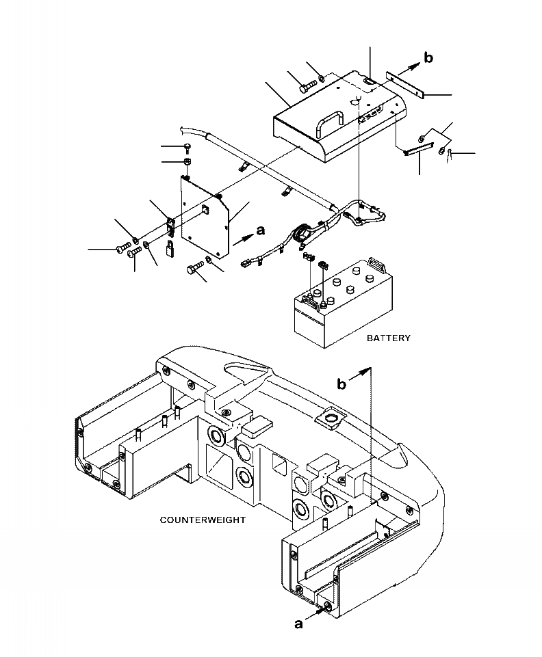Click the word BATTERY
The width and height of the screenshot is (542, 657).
coord(389,338)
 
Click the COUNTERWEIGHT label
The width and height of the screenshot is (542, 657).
coord(203,520)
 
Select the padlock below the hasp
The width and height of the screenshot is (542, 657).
coord(170,248)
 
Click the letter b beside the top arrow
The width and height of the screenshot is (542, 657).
coord(428,57)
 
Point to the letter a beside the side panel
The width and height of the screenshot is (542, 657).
coord(261,230)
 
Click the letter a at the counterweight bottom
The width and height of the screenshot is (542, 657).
coord(298,624)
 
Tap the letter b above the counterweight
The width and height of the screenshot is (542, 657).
coord(342,384)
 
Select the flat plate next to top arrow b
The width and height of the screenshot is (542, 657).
coord(406,84)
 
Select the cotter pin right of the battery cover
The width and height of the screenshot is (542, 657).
coord(450,155)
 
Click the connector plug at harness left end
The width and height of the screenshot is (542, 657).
coord(246,264)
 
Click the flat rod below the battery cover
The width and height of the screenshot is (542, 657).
coord(418,149)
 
